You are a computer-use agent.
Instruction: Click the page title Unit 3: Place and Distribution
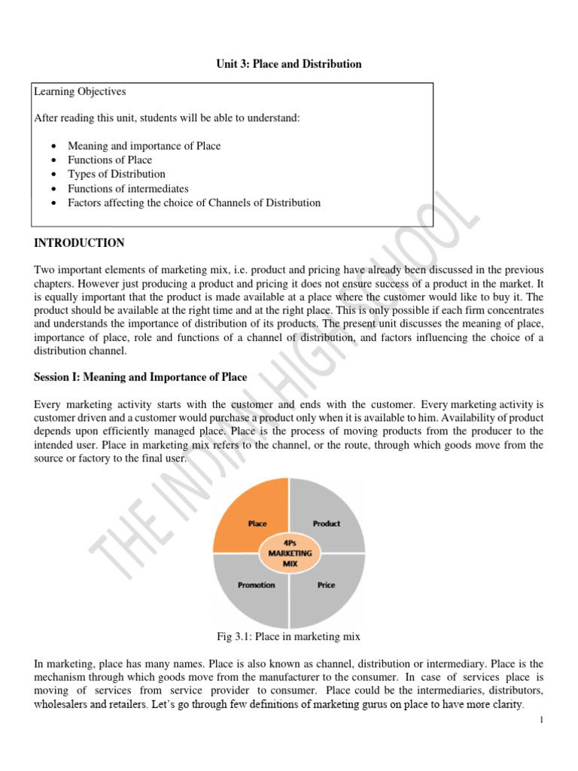pos(289,64)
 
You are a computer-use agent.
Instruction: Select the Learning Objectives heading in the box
pos(80,92)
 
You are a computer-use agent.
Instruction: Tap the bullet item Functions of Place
pos(110,160)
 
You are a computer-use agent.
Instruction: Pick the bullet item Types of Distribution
pos(117,174)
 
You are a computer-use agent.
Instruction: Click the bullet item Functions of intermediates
pos(128,188)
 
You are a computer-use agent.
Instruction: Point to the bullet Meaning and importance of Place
pos(144,145)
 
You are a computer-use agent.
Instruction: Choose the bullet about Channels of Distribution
pos(194,203)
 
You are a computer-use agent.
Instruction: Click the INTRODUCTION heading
pos(79,243)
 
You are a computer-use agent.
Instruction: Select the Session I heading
pos(140,376)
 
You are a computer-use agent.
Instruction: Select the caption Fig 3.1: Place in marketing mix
pos(288,637)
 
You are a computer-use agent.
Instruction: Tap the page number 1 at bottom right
pos(541,721)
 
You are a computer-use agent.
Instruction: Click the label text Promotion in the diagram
pos(257,584)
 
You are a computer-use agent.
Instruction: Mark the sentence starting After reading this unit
pos(167,118)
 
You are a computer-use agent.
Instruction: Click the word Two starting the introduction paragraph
pos(44,270)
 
